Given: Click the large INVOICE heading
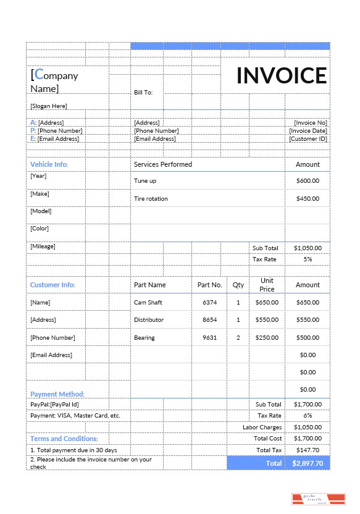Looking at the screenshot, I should [282, 75].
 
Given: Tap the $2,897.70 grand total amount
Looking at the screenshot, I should [308, 463].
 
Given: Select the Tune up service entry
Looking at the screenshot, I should [145, 181].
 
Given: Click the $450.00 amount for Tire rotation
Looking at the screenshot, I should [308, 199].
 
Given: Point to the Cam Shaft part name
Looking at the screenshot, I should [148, 303].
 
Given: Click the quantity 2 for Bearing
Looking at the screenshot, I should [238, 338].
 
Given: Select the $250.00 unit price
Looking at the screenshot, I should [267, 338].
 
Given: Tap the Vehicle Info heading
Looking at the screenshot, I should [49, 164].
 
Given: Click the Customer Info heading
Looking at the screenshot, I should [52, 285].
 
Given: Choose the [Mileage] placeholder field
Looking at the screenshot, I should [43, 246].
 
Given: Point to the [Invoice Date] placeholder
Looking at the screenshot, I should [308, 131].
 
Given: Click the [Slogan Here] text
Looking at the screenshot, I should [49, 106].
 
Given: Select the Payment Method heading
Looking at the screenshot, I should [57, 394].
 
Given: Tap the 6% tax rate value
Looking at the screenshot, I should [308, 416].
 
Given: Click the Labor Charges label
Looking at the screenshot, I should [262, 427].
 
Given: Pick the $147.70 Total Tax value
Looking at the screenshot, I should [308, 450].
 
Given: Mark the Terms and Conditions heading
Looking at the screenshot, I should [64, 439].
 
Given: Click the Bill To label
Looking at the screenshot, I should [143, 93].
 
